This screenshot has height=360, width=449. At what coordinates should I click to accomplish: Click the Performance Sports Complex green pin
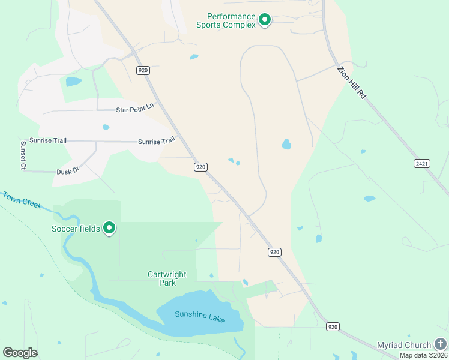pyautogui.click(x=264, y=20)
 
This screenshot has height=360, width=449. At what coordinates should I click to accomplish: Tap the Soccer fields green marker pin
pyautogui.click(x=109, y=228)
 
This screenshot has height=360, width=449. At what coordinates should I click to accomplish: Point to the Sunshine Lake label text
pyautogui.click(x=199, y=316)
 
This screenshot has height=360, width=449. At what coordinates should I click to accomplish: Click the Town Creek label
pyautogui.click(x=22, y=200)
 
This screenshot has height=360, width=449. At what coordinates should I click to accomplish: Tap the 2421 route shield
pyautogui.click(x=422, y=163)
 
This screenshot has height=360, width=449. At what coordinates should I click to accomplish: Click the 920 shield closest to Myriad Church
pyautogui.click(x=333, y=326)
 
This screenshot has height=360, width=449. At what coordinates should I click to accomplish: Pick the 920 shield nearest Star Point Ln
pyautogui.click(x=143, y=70)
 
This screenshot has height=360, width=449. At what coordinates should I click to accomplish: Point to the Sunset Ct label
pyautogui.click(x=23, y=155)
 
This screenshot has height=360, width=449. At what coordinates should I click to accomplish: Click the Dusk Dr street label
pyautogui.click(x=68, y=172)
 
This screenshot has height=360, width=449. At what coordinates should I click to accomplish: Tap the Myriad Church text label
pyautogui.click(x=403, y=345)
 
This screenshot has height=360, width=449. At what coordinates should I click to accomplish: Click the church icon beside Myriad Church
pyautogui.click(x=441, y=344)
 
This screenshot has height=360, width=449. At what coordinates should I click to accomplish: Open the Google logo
pyautogui.click(x=20, y=353)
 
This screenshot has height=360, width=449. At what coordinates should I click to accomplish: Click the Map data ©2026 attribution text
pyautogui.click(x=423, y=355)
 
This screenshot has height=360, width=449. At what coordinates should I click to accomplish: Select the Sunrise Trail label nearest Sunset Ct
pyautogui.click(x=52, y=140)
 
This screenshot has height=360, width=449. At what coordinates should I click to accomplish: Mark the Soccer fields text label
pyautogui.click(x=76, y=229)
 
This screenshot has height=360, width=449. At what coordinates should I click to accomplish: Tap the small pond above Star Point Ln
pyautogui.click(x=73, y=81)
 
